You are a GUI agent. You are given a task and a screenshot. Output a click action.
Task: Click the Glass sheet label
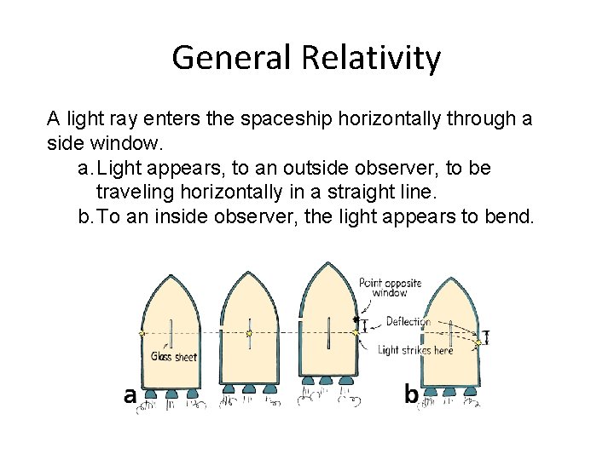[173, 356]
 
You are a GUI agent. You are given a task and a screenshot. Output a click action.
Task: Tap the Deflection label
[408, 322]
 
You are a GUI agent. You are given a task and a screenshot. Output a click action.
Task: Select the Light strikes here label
[415, 349]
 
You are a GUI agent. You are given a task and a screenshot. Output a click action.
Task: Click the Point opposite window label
[390, 288]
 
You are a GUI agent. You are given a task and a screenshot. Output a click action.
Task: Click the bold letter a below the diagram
[130, 395]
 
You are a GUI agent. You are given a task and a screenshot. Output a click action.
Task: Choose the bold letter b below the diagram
[411, 394]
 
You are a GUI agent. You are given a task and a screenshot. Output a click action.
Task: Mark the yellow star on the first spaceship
[142, 333]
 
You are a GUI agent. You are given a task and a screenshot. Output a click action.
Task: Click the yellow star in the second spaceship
[248, 333]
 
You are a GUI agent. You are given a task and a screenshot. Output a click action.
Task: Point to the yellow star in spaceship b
[479, 342]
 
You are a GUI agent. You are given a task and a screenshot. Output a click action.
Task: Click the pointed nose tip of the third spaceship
[330, 263]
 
